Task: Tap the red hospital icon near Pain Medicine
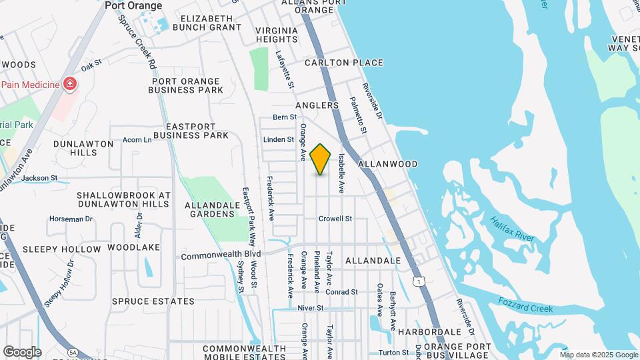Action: tap(69, 84)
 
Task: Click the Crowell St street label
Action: tap(335, 218)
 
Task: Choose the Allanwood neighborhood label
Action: tap(388, 164)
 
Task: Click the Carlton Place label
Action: tap(344, 63)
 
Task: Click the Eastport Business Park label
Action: tap(197, 131)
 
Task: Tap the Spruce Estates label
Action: tap(153, 301)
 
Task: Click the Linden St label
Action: tap(279, 139)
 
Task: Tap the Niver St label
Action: tap(310, 308)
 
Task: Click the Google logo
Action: tap(22, 352)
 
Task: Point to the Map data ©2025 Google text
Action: tap(598, 355)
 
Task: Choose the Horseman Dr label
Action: tap(70, 219)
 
